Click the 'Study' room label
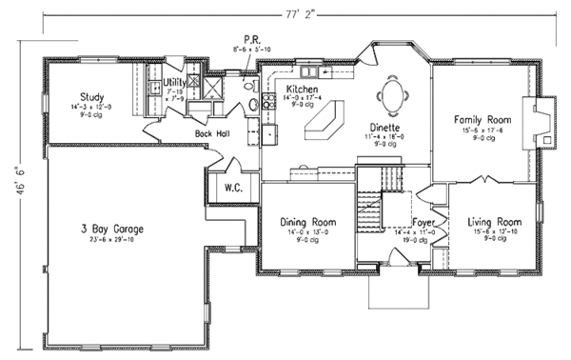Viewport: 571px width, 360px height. click(x=91, y=96)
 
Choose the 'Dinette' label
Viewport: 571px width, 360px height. click(x=385, y=127)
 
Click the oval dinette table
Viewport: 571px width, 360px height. click(x=392, y=93)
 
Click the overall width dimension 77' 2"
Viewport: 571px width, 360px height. click(x=298, y=14)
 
